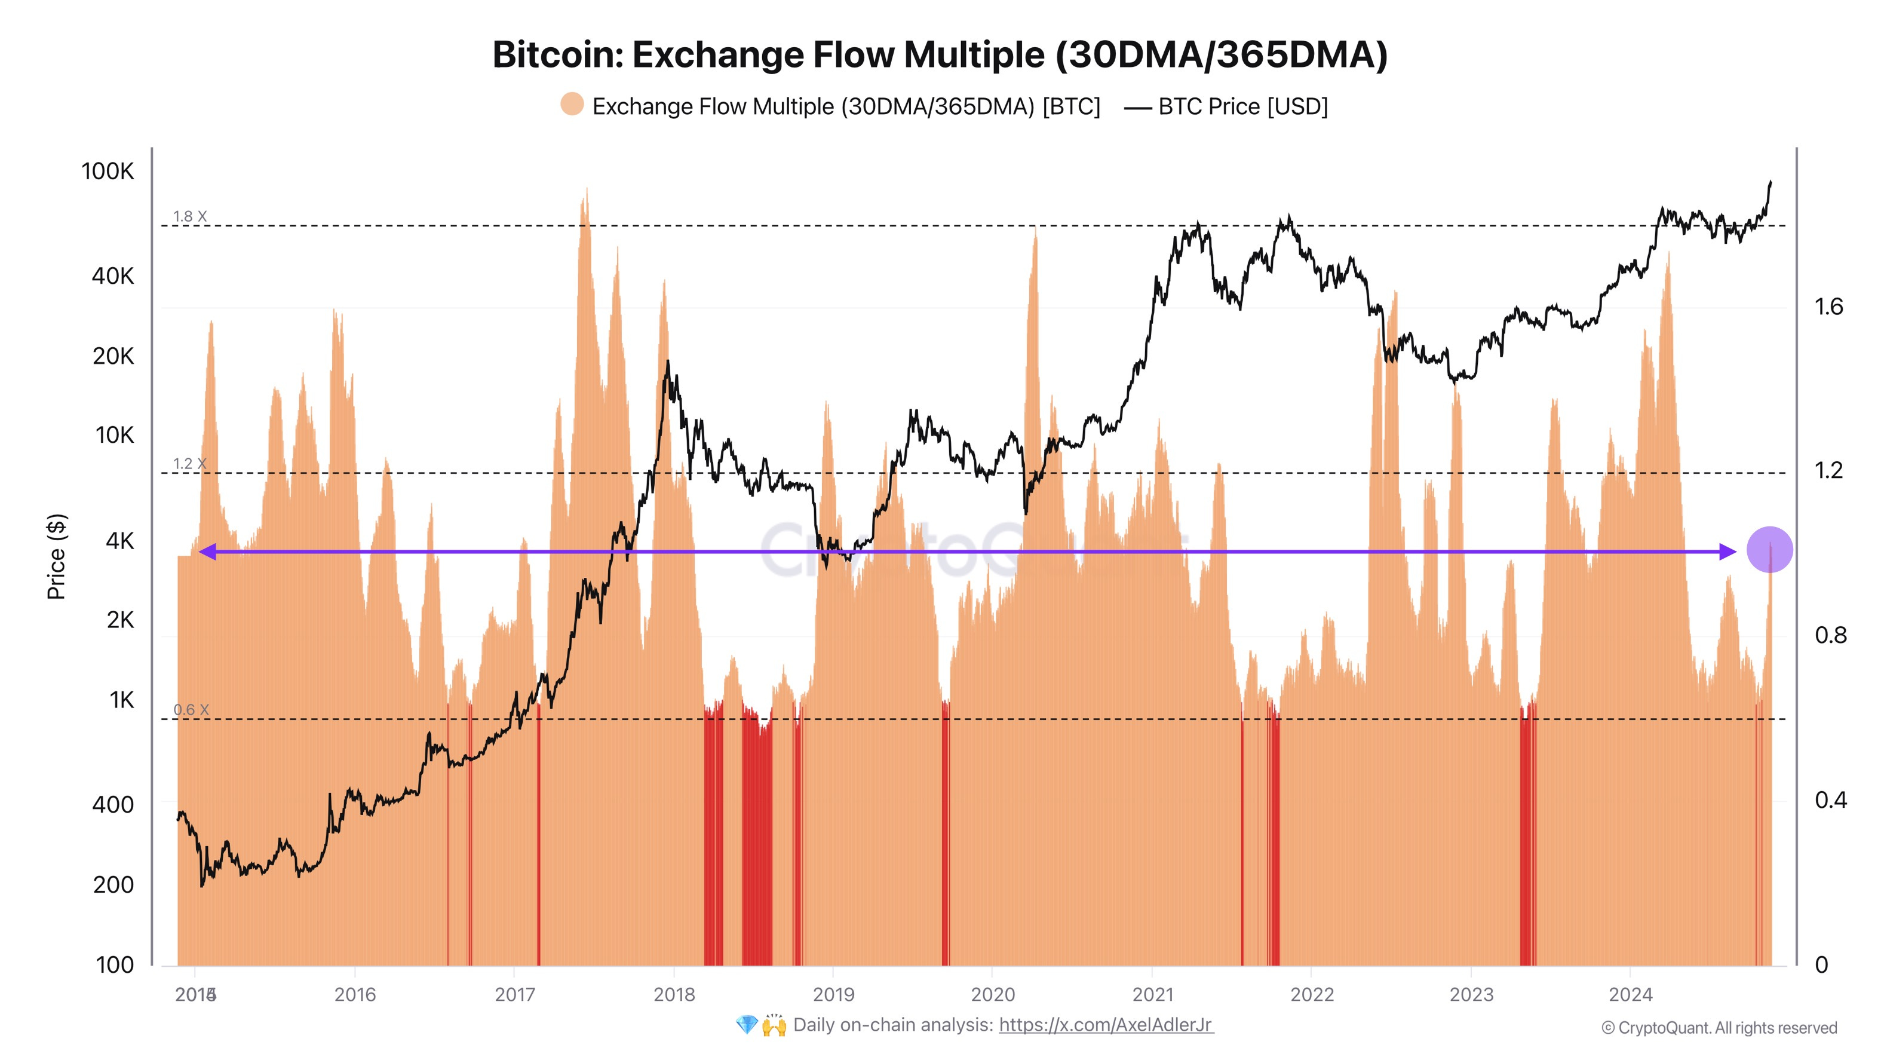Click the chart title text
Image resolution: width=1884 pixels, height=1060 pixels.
[939, 55]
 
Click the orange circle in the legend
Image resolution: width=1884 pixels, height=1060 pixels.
[572, 105]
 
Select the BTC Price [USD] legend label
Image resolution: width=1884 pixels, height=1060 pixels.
[1242, 107]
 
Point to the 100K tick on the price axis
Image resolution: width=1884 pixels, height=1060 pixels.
[108, 171]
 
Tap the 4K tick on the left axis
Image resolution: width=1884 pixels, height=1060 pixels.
[120, 541]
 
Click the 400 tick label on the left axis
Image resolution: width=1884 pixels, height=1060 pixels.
[113, 805]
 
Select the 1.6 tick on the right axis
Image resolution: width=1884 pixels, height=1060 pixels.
[1828, 307]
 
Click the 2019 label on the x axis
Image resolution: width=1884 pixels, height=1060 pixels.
[833, 994]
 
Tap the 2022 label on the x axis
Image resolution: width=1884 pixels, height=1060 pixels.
[1312, 994]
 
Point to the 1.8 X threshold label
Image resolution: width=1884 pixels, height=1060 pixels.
[190, 216]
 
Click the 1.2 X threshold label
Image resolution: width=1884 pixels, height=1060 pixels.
[190, 464]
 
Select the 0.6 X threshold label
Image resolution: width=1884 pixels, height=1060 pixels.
[191, 710]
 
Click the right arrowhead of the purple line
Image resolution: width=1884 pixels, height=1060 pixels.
[1727, 552]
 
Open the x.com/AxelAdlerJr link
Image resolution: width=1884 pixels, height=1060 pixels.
[1106, 1025]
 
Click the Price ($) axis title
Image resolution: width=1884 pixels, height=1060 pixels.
[56, 556]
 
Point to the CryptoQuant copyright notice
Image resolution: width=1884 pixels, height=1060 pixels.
[1719, 1028]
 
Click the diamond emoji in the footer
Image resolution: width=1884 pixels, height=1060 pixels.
[746, 1025]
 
